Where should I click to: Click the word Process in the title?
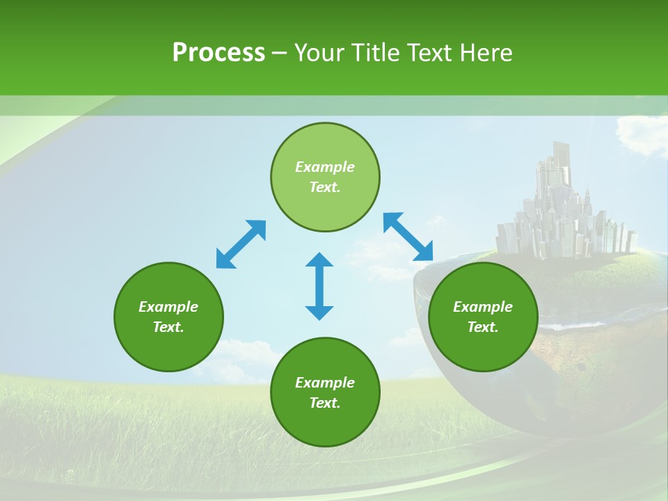(x=218, y=53)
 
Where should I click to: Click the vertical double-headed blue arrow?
(x=319, y=287)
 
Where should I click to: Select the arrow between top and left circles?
(x=241, y=244)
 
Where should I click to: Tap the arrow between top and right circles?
(x=408, y=237)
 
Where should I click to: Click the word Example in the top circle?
(x=325, y=167)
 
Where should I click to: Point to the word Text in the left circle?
(x=168, y=327)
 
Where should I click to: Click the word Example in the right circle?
(x=483, y=307)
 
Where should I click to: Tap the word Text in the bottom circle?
(x=325, y=403)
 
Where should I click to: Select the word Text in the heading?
(x=428, y=53)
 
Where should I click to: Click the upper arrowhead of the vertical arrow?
(x=319, y=260)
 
